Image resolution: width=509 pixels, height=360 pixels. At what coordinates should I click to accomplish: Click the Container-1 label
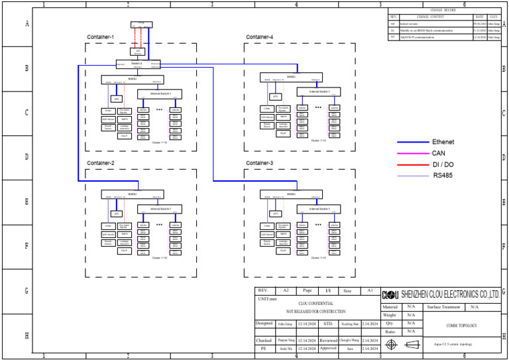click(101, 37)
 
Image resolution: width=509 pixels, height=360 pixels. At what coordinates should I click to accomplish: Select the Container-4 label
click(260, 37)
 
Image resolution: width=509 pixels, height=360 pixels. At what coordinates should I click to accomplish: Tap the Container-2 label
click(101, 163)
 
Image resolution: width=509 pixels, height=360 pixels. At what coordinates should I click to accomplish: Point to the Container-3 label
click(260, 163)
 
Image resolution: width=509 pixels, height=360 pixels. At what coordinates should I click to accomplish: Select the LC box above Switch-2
click(138, 51)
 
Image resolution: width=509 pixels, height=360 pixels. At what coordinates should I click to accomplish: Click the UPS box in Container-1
click(117, 99)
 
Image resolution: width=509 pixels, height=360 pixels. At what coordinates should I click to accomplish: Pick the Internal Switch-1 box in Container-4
click(318, 91)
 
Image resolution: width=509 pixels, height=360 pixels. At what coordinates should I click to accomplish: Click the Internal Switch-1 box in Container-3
click(318, 208)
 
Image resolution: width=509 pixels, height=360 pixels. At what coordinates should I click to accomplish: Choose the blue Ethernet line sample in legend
click(412, 143)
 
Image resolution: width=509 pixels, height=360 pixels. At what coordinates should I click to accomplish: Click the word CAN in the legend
click(439, 153)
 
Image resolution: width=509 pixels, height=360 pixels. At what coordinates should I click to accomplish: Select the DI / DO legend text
click(443, 164)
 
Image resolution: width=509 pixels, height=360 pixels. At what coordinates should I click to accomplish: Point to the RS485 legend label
click(442, 176)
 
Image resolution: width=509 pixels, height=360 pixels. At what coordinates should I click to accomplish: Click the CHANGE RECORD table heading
click(443, 11)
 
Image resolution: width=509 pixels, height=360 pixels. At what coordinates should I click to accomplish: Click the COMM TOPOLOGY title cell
click(462, 326)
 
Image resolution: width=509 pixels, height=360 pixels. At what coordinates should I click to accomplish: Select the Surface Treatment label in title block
click(443, 307)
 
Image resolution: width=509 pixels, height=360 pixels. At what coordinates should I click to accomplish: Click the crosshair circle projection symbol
click(392, 345)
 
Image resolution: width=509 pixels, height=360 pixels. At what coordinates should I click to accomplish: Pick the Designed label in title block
click(264, 324)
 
